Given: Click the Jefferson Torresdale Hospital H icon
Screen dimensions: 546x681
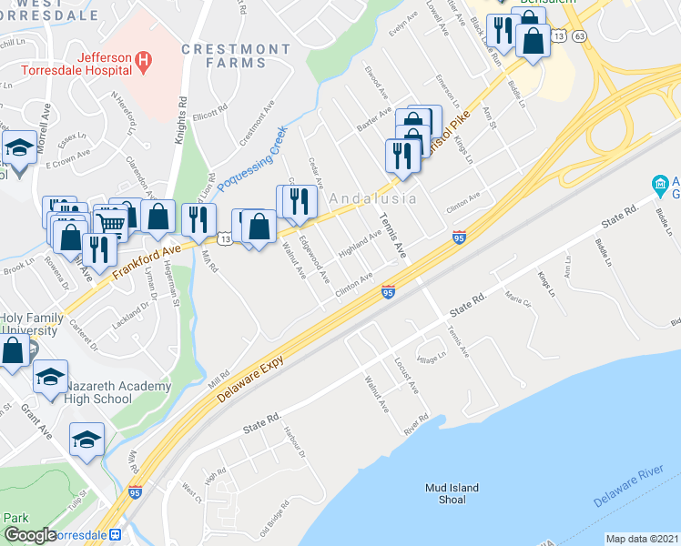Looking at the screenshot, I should click(142, 62).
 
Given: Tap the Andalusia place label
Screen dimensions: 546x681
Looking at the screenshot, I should click(373, 198).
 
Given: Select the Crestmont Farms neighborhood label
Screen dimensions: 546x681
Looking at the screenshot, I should click(235, 58).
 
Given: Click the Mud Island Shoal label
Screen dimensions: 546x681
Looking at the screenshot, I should click(452, 493).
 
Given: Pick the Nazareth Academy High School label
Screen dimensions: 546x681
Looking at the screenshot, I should click(118, 393).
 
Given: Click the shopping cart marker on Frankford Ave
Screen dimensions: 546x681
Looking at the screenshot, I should click(111, 222).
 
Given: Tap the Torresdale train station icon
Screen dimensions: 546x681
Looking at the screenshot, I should click(115, 536).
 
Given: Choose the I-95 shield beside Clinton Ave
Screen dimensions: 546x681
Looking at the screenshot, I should click(388, 292).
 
